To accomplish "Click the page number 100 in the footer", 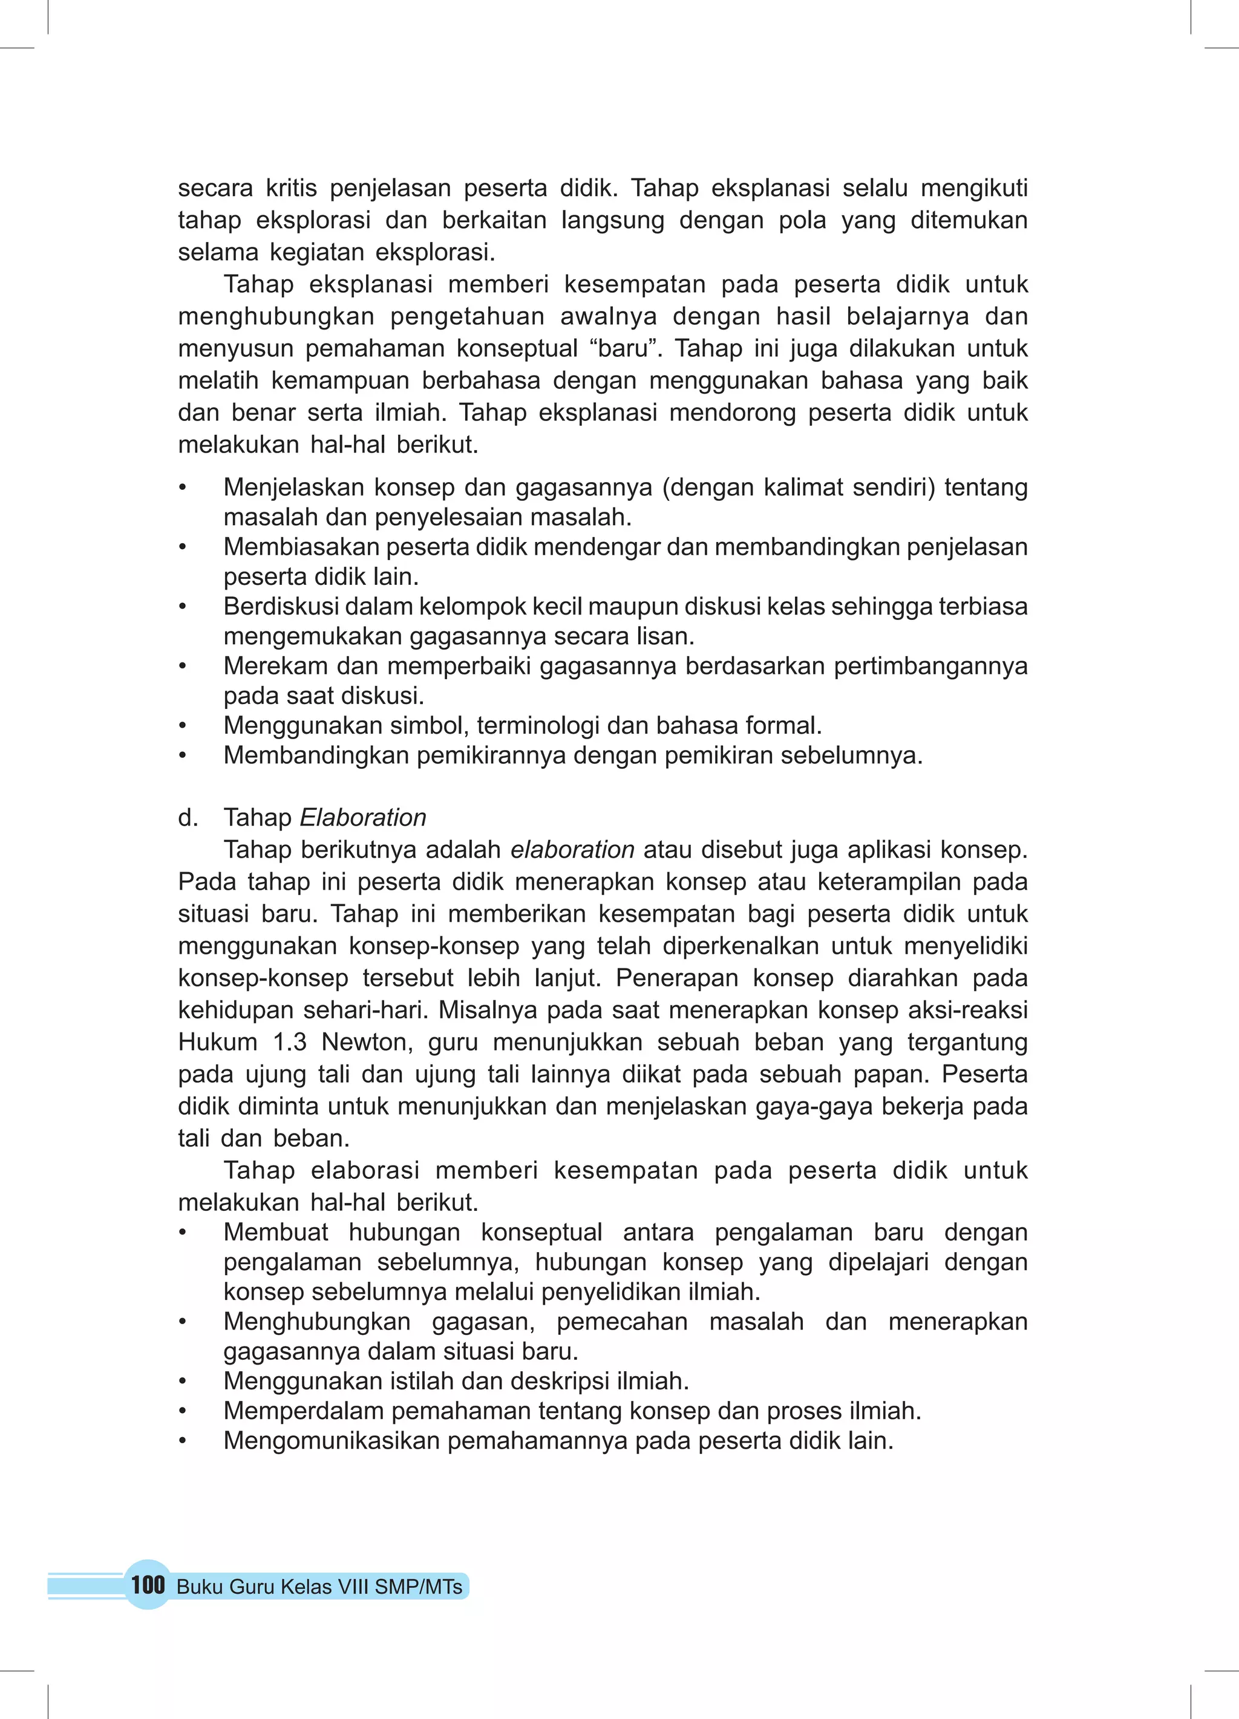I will coord(147,1585).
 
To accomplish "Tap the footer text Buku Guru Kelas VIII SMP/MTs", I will coord(319,1587).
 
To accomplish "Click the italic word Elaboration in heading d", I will coord(363,817).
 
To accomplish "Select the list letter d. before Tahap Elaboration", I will coord(188,817).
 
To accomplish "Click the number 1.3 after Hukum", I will coord(289,1042).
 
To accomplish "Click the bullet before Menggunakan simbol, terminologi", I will coord(182,726).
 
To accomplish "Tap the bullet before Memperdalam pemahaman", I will coord(182,1411).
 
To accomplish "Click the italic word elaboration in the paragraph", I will coord(572,850).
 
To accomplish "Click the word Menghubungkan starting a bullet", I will coord(317,1321).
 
